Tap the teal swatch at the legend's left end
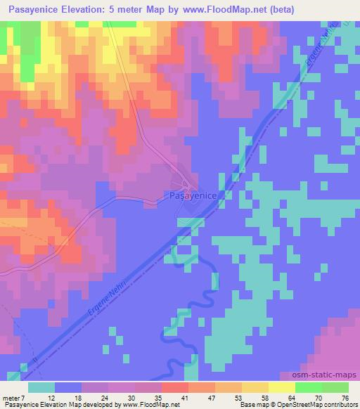pos(42,388)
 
